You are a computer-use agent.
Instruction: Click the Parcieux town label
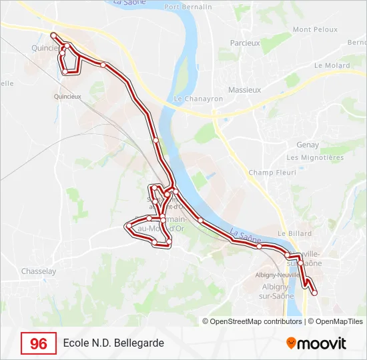[x=244, y=43]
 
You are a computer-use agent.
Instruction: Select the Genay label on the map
[x=308, y=145]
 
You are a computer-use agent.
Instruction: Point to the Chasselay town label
[x=39, y=271]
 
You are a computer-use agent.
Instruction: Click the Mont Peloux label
[x=312, y=29]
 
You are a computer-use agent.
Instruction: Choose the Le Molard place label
[x=332, y=65]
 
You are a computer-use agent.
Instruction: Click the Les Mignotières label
[x=315, y=157]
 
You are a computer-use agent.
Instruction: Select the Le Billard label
[x=290, y=233]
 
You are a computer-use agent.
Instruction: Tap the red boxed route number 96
[x=39, y=343]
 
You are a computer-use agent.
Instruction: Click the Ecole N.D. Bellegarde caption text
[x=113, y=343]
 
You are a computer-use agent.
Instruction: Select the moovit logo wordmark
[x=322, y=343]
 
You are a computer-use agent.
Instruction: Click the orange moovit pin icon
[x=291, y=343]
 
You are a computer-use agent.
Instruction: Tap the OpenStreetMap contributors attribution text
[x=253, y=321]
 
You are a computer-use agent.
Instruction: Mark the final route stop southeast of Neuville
[x=314, y=293]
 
